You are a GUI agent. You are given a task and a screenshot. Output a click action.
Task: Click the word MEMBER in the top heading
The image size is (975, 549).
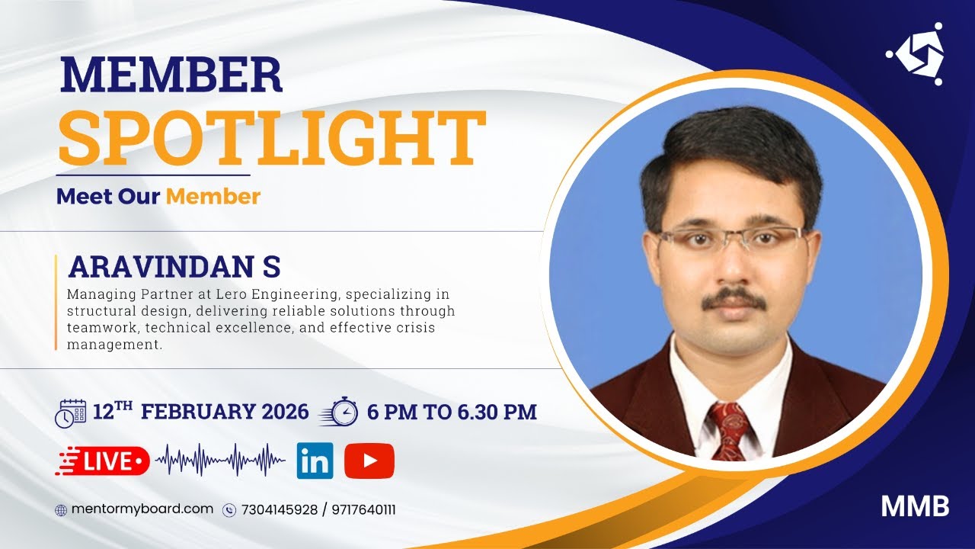click(x=171, y=76)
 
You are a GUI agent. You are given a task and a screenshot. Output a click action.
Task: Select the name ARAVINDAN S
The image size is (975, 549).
click(x=174, y=267)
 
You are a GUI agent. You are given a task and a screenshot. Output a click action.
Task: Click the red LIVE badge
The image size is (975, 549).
click(x=102, y=461)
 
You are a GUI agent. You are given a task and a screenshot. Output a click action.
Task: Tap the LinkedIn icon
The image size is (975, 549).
click(x=315, y=461)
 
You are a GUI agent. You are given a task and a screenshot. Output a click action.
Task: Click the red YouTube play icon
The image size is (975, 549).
click(x=369, y=461)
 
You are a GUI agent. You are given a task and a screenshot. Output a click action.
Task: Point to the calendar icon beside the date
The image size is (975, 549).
click(x=71, y=413)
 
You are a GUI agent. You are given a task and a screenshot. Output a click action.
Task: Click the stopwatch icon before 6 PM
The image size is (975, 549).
click(x=340, y=412)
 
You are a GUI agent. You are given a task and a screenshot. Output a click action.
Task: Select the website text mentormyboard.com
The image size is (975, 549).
click(x=142, y=509)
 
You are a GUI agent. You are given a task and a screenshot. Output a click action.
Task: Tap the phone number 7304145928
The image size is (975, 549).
click(x=280, y=510)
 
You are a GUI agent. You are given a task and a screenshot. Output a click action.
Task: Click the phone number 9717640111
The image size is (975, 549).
click(x=363, y=510)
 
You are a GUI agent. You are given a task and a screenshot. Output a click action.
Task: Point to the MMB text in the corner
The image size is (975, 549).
click(x=915, y=507)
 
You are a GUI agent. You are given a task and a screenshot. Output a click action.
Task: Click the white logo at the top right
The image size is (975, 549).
click(x=915, y=54)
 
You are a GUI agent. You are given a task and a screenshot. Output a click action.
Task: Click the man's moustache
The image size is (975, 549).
click(x=734, y=299)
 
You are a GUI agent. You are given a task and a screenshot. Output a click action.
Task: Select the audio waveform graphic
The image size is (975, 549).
click(x=220, y=460)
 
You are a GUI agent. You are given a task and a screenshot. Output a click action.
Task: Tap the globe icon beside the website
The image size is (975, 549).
click(x=61, y=510)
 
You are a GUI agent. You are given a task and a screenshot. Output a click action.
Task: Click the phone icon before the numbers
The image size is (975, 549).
click(x=229, y=510)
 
